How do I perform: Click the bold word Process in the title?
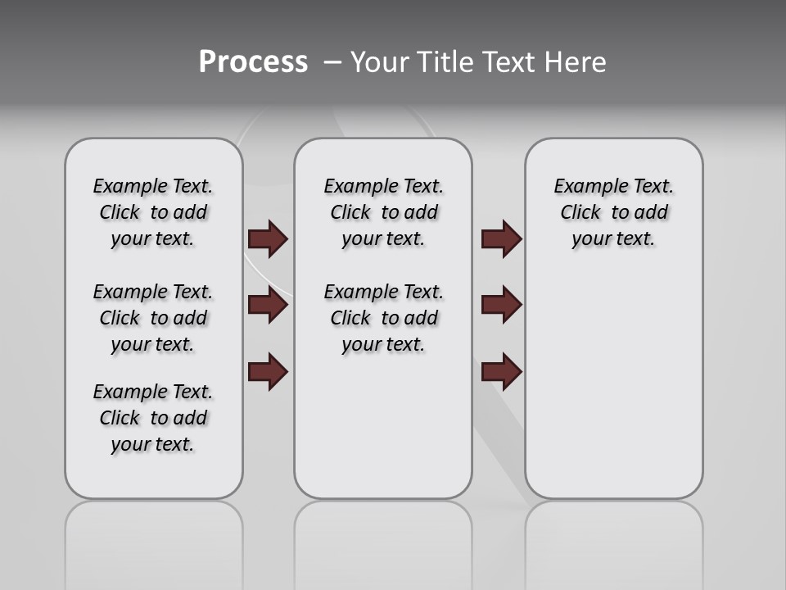[253, 62]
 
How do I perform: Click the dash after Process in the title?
[332, 63]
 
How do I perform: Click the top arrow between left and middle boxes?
[268, 239]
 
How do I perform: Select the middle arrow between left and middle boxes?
[268, 306]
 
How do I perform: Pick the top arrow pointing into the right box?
[501, 239]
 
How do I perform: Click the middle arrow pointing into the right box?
[501, 306]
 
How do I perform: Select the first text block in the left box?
[153, 213]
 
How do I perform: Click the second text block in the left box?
[153, 318]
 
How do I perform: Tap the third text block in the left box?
[153, 418]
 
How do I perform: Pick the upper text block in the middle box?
[383, 213]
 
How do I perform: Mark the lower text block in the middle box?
[383, 318]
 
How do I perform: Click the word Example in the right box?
[585, 187]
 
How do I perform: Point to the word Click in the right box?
[580, 213]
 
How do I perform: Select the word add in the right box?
[651, 213]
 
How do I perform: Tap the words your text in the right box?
[613, 239]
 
